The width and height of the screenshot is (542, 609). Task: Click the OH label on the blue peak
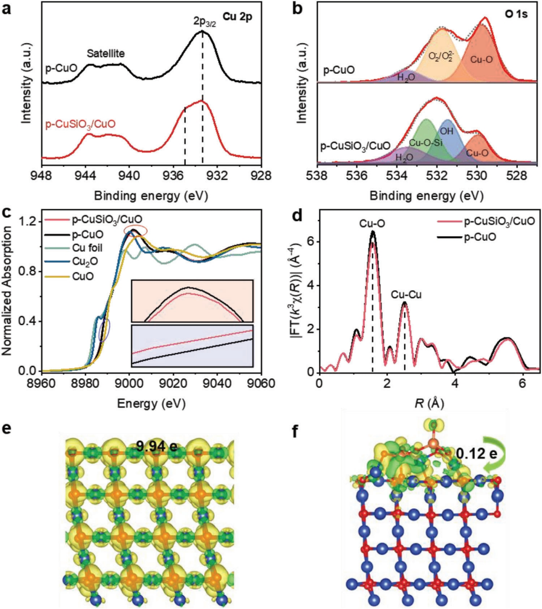coord(449,131)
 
